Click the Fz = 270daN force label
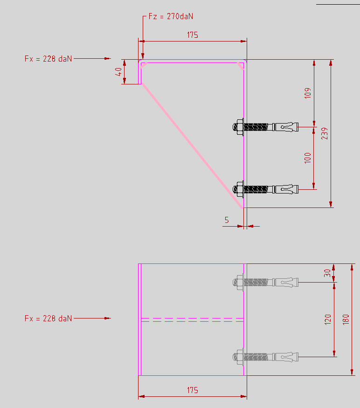click(x=170, y=16)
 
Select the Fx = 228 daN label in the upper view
click(x=48, y=59)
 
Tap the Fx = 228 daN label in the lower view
click(x=48, y=318)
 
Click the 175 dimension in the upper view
click(x=193, y=35)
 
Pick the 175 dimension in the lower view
click(x=192, y=390)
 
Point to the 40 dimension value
click(x=119, y=72)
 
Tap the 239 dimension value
click(x=324, y=133)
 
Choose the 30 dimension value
click(x=327, y=273)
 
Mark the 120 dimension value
click(x=327, y=319)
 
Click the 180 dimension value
click(x=346, y=319)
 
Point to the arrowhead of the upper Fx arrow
click(x=108, y=59)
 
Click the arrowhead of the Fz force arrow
click(x=143, y=55)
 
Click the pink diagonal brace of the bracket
click(x=191, y=145)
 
